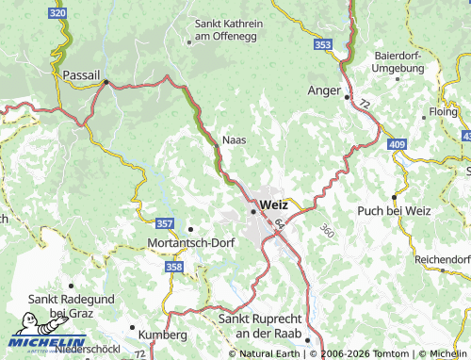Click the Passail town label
click(x=81, y=74)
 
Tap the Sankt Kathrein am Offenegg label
click(x=228, y=29)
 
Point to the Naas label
click(x=234, y=139)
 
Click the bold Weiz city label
click(x=273, y=204)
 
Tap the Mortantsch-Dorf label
click(x=191, y=241)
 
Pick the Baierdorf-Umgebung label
click(x=401, y=62)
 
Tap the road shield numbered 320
click(x=57, y=12)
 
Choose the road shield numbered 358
click(x=173, y=268)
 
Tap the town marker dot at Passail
click(x=106, y=82)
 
